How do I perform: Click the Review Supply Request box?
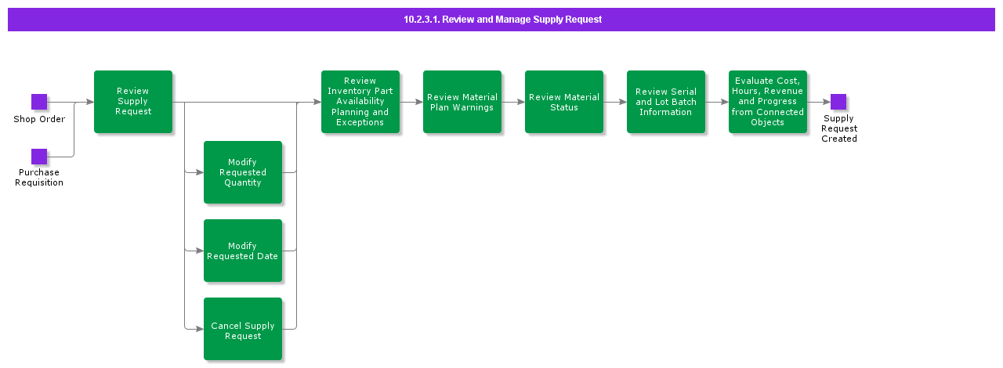133,102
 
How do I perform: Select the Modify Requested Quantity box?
243,172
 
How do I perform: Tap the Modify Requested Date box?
243,251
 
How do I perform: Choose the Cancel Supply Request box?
243,329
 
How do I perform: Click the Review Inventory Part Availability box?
360,102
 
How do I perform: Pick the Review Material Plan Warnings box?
462,102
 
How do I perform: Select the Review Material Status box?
564,102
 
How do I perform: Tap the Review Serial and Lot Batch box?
666,102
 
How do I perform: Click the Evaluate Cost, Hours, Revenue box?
768,102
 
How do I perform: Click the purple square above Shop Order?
39,102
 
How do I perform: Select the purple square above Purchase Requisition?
39,157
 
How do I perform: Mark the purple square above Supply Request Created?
838,102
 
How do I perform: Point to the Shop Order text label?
39,119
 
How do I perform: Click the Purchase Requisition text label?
39,178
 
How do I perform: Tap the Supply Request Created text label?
839,128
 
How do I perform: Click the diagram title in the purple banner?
501,20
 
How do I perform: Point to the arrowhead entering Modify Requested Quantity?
199,172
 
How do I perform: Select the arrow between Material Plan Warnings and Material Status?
513,102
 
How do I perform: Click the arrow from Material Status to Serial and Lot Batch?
615,102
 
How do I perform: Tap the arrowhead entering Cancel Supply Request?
199,329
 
